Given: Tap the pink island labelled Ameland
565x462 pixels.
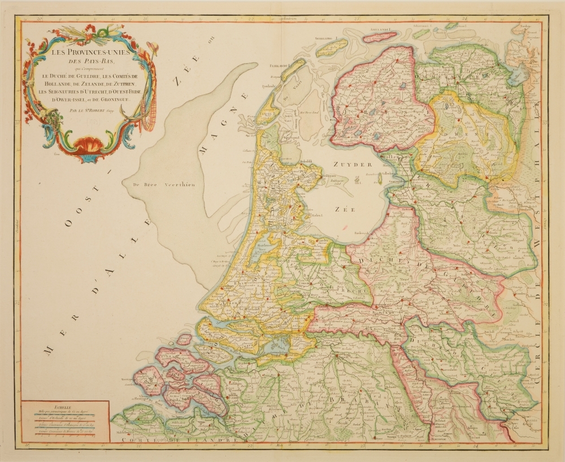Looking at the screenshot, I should click(379, 37).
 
